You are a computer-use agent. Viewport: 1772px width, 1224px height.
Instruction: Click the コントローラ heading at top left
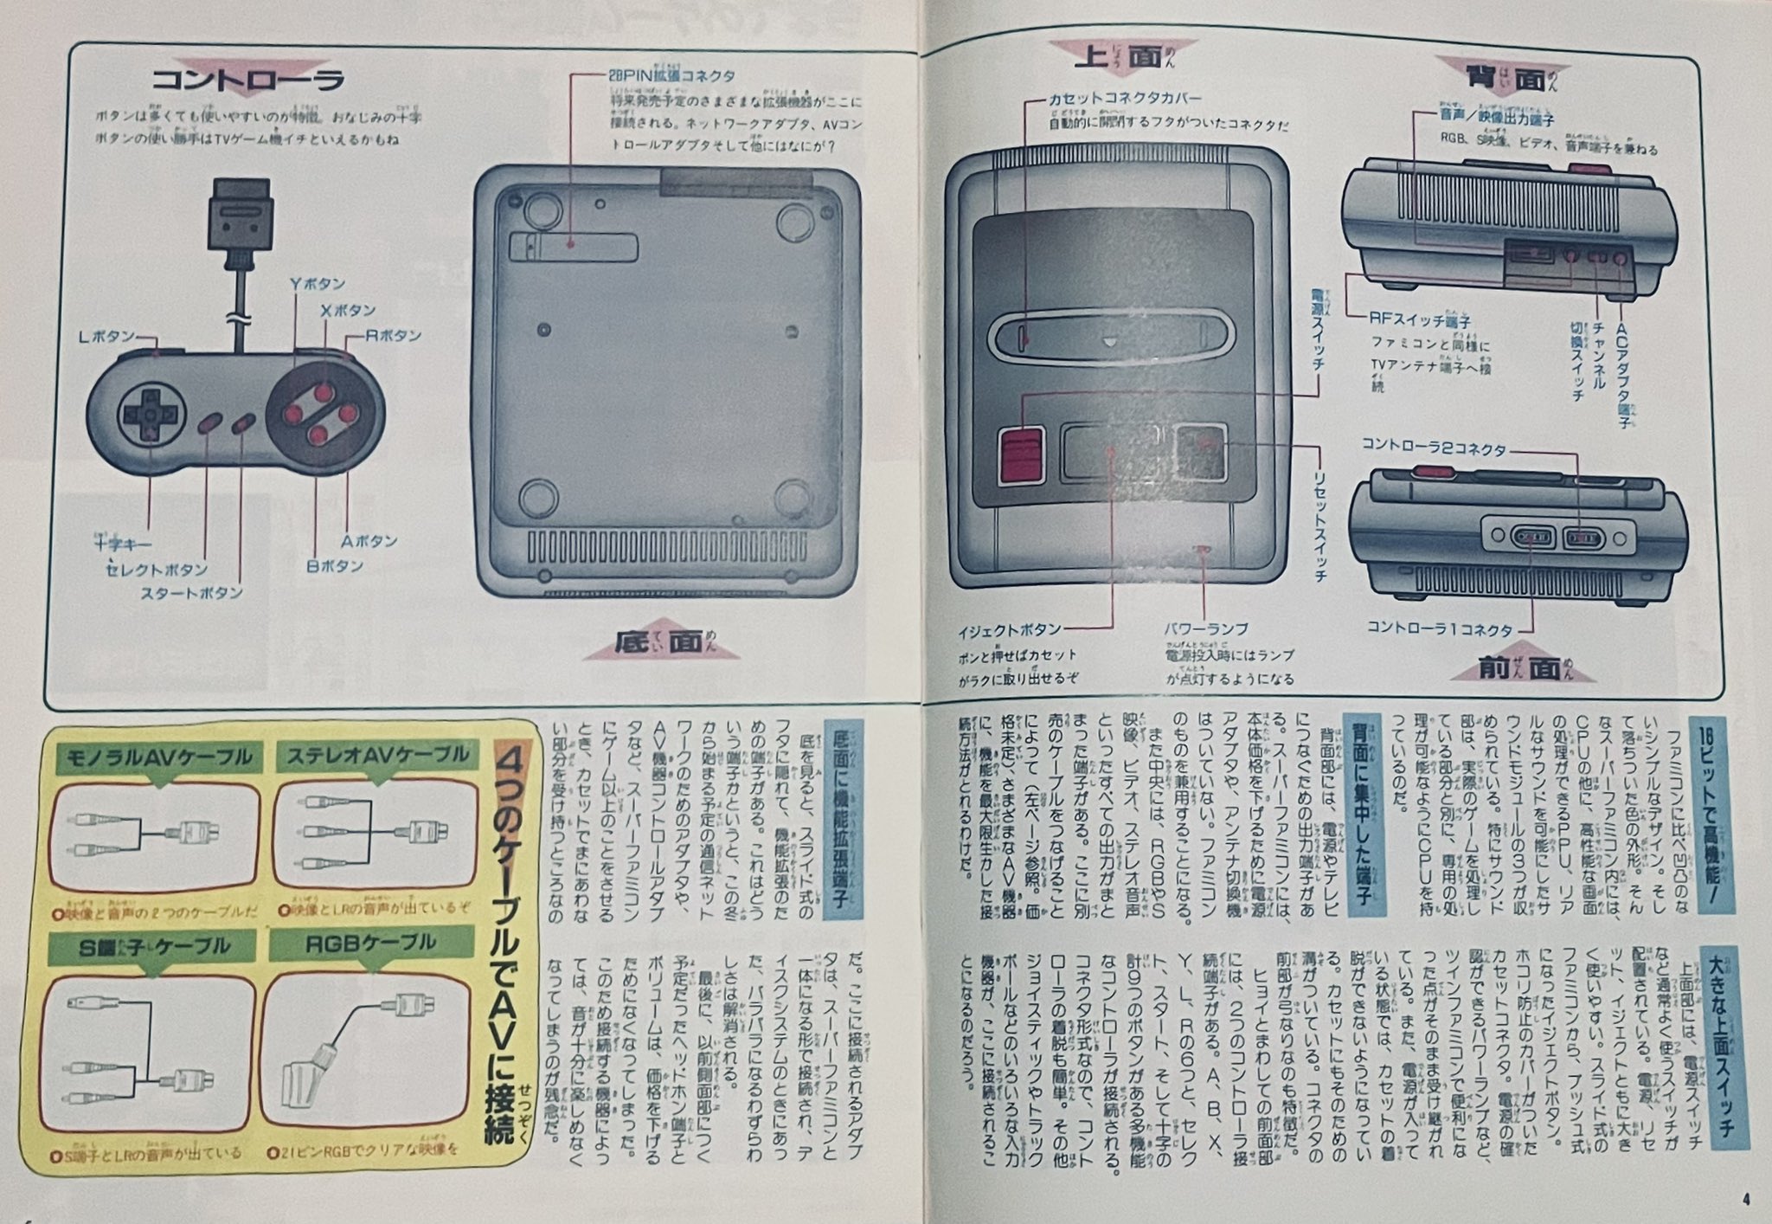tap(247, 80)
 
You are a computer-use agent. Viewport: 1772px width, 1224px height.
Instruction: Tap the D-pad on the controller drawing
tap(150, 415)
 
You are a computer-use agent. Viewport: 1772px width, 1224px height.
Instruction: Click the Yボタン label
tap(317, 284)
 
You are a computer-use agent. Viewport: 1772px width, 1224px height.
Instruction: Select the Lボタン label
tap(106, 337)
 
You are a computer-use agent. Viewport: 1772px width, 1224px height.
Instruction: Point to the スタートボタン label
tap(191, 593)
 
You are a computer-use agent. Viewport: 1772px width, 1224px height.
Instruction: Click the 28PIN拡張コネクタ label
tap(671, 76)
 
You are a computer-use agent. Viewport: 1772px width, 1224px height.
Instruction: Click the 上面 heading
tap(1117, 58)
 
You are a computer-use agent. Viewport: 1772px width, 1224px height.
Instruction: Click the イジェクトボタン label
tap(1009, 629)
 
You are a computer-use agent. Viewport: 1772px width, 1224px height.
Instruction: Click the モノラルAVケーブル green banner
tap(154, 759)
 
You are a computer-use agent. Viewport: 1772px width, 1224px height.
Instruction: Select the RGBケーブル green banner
tap(370, 943)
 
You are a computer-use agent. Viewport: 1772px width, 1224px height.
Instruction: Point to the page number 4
tap(1746, 1200)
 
